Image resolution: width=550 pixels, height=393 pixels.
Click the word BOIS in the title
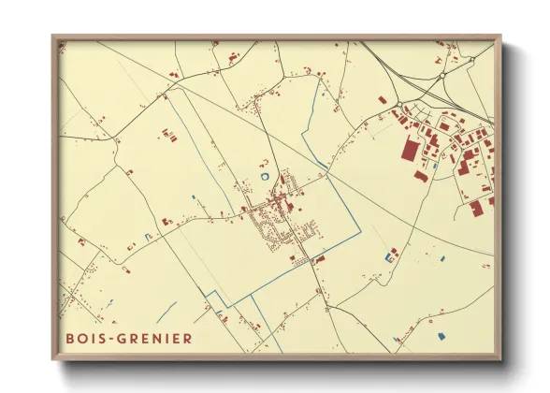[83, 337]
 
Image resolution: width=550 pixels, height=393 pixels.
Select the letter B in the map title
[70, 337]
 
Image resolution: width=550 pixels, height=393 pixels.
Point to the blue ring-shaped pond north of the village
[267, 174]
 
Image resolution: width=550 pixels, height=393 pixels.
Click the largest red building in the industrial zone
[411, 151]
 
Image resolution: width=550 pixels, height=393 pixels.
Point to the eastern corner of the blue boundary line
[359, 232]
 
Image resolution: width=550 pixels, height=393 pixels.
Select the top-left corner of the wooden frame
[54, 37]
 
